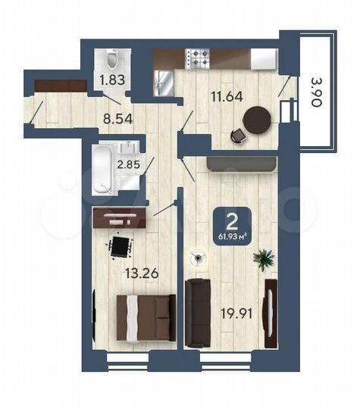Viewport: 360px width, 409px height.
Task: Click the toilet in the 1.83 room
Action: click(112, 59)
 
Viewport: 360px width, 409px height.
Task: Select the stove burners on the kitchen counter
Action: click(199, 57)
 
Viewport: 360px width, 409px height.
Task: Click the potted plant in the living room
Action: click(264, 260)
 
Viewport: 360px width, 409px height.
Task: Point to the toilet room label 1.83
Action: click(112, 78)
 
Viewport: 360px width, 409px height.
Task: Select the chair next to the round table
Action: click(239, 135)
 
